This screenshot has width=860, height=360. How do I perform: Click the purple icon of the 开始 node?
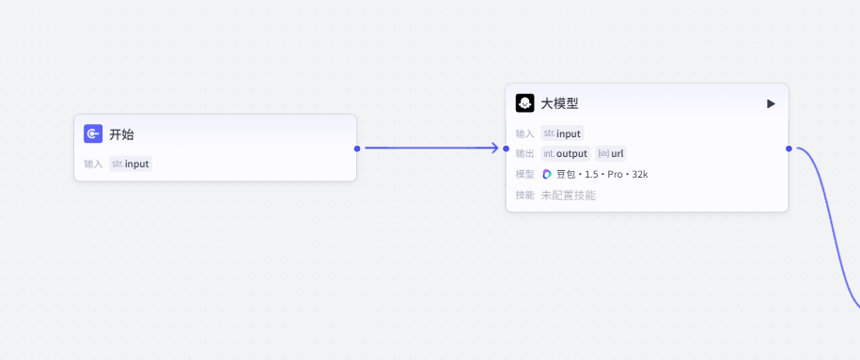[93, 133]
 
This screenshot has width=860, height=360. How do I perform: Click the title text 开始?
[121, 134]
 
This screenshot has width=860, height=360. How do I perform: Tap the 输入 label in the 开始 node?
[93, 164]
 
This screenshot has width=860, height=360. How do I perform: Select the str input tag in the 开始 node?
[131, 164]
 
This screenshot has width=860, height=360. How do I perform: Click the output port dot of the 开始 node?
[357, 149]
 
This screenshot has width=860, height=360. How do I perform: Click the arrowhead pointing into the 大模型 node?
[493, 148]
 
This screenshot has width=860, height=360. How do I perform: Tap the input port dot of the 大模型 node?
[507, 149]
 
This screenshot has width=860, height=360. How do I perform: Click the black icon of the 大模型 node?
[524, 103]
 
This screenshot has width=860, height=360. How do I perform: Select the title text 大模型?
[559, 103]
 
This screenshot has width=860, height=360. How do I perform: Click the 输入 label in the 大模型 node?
[524, 133]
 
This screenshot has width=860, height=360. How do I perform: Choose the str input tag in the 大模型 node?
[562, 133]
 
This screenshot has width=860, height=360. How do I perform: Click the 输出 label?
[524, 153]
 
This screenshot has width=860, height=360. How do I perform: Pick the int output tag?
[566, 153]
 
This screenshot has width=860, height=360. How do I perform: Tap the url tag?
[611, 153]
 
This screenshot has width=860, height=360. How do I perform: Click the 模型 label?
[524, 175]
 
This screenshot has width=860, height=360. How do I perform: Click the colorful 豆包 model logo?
[547, 175]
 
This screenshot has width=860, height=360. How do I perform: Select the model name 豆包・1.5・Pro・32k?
[602, 175]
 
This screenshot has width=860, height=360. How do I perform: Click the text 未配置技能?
[569, 196]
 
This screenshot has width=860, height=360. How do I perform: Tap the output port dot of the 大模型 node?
[789, 149]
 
